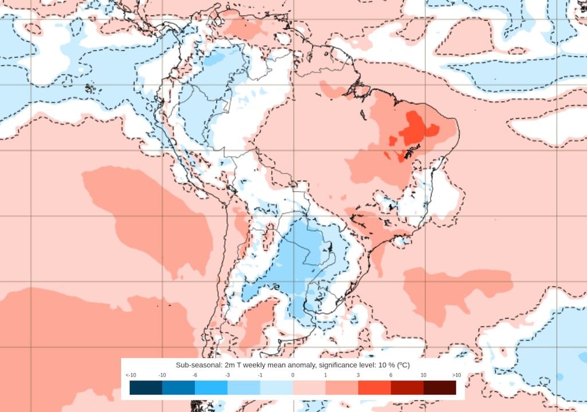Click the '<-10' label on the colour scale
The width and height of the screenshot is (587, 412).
pyautogui.click(x=130, y=375)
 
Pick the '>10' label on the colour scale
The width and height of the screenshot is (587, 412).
pyautogui.click(x=456, y=375)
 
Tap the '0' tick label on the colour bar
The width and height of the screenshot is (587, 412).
pyautogui.click(x=293, y=375)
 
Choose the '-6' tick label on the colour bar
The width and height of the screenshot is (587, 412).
pyautogui.click(x=195, y=375)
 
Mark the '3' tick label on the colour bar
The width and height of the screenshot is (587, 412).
pyautogui.click(x=358, y=375)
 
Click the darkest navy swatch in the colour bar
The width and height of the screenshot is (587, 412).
pyautogui.click(x=146, y=388)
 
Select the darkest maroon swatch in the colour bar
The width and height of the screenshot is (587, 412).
pyautogui.click(x=440, y=388)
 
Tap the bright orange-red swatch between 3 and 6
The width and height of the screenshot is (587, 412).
pyautogui.click(x=374, y=388)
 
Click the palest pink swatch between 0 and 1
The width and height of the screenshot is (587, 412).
pyautogui.click(x=309, y=388)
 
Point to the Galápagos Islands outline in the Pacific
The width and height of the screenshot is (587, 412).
pyautogui.click(x=89, y=89)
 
